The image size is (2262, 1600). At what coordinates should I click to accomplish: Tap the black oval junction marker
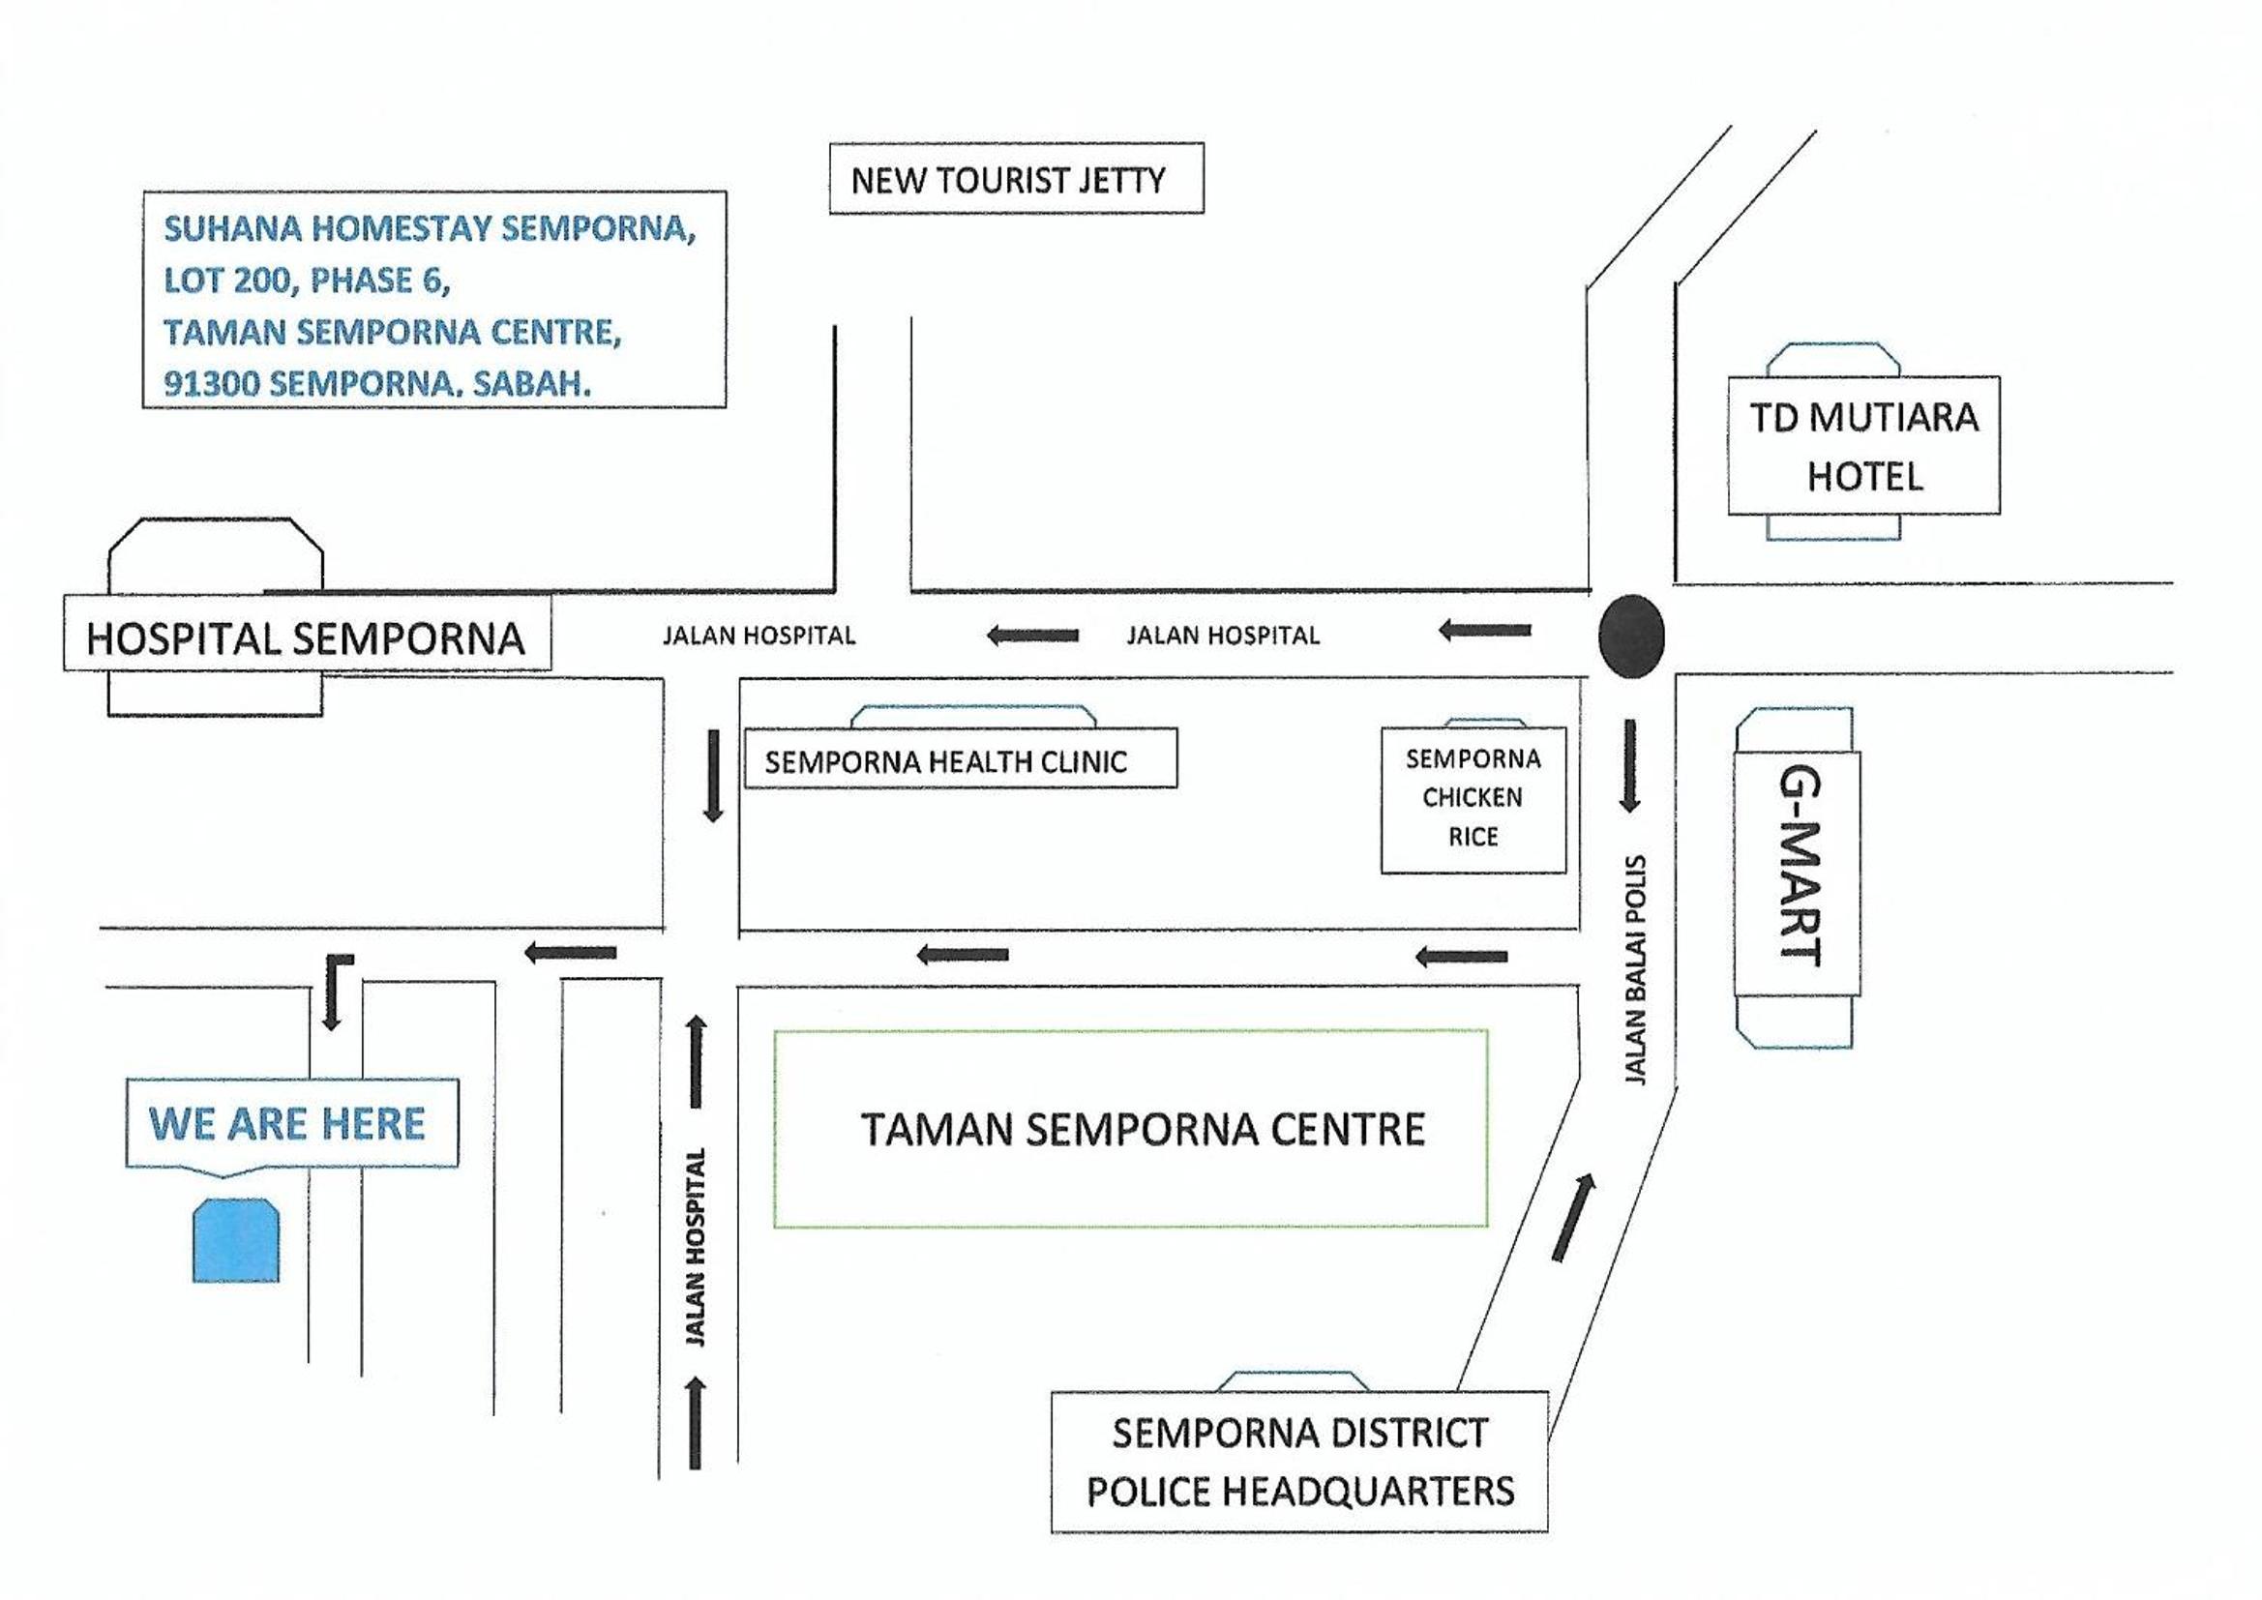point(1631,636)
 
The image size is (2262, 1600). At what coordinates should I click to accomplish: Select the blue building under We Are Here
point(235,1240)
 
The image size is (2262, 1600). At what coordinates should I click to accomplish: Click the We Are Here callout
point(291,1124)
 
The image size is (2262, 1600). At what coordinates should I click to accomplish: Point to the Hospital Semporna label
point(307,638)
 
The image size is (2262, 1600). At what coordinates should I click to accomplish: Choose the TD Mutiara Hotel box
point(1864,445)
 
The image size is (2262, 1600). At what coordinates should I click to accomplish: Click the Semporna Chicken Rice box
point(1473,800)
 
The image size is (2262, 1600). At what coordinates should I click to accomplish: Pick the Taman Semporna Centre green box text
point(1143,1129)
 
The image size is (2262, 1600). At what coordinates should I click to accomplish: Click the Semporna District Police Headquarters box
point(1299,1461)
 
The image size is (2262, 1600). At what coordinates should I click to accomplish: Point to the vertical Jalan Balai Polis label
point(1634,970)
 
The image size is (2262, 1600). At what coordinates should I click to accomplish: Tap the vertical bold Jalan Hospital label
point(696,1247)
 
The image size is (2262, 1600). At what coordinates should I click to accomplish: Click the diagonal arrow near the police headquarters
point(1573,1218)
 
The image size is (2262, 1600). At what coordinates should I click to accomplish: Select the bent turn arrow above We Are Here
point(335,992)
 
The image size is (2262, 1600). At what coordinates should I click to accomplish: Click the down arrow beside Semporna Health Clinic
point(713,777)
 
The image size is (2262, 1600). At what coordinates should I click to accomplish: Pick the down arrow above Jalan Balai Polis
point(1629,766)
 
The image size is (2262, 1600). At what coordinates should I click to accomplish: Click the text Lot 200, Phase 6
point(308,281)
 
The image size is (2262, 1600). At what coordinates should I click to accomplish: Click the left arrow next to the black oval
point(1485,630)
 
